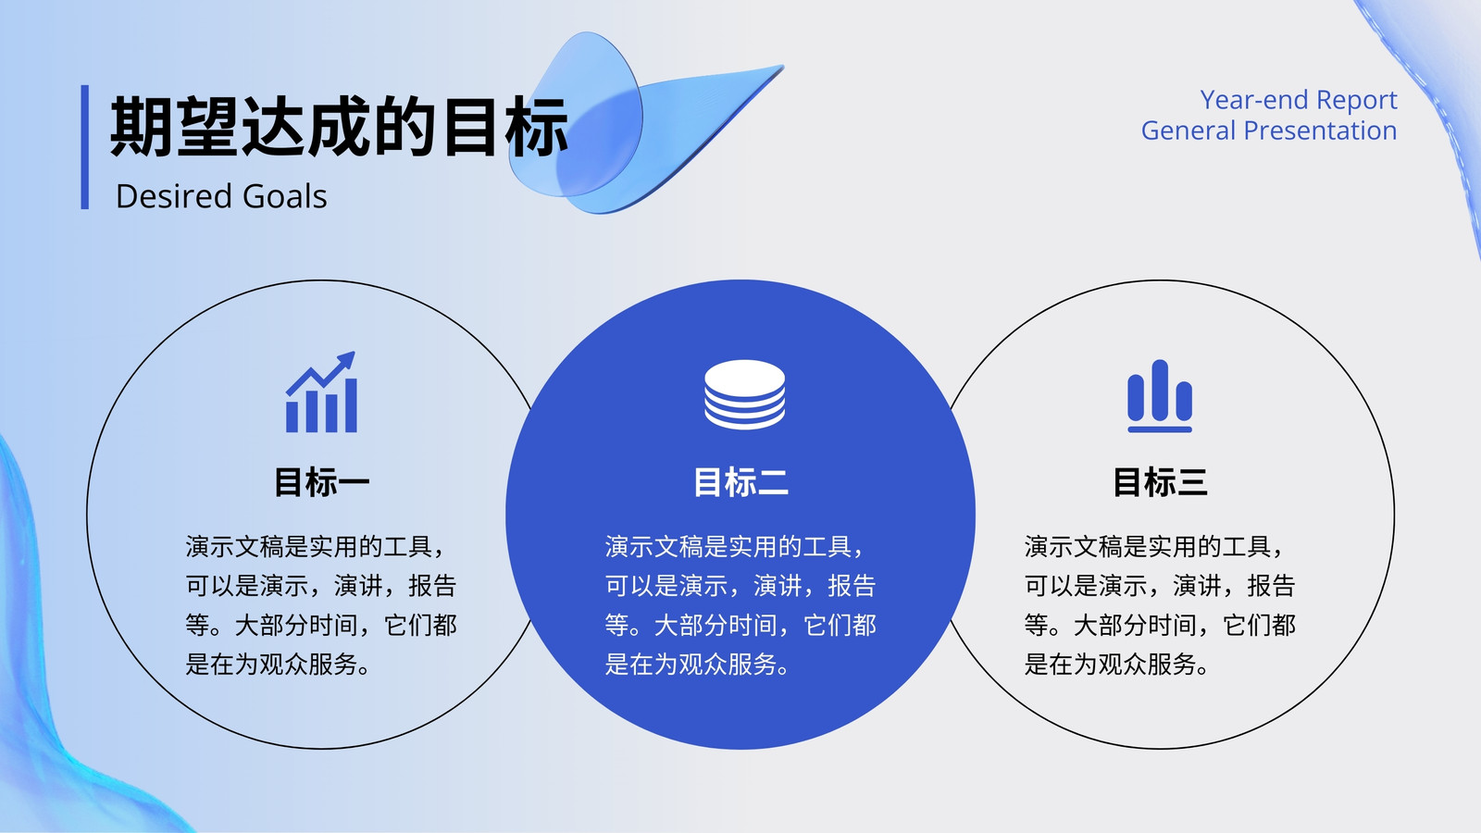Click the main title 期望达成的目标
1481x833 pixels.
click(x=339, y=126)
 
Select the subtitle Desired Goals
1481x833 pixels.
click(x=221, y=196)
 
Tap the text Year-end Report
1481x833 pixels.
click(x=1299, y=101)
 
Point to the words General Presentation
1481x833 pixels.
click(x=1269, y=131)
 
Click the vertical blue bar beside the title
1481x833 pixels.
click(x=84, y=147)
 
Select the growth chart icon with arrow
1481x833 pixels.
click(x=321, y=392)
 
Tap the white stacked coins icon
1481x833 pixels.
click(x=744, y=394)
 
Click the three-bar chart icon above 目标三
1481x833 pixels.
click(x=1160, y=396)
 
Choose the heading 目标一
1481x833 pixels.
click(x=322, y=482)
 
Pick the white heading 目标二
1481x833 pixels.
click(x=741, y=482)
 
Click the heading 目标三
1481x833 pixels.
click(x=1161, y=482)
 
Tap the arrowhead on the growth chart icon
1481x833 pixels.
click(x=346, y=361)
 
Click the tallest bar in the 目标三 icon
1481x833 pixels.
click(x=1160, y=390)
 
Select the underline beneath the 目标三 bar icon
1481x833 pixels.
click(x=1160, y=429)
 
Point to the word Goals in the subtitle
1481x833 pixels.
click(x=284, y=196)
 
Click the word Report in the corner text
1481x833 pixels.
click(x=1357, y=101)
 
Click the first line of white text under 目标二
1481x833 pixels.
click(x=735, y=547)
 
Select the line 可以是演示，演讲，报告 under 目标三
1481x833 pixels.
click(x=1160, y=586)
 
